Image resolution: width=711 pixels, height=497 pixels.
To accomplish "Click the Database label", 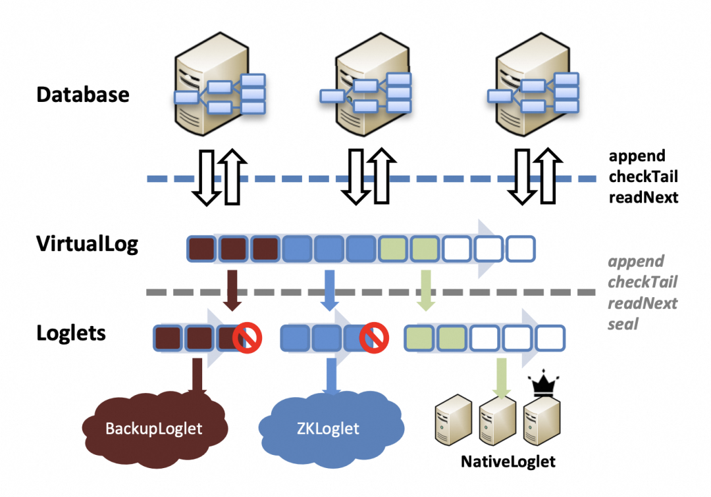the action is [83, 95].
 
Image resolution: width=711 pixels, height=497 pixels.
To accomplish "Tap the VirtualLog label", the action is [87, 244].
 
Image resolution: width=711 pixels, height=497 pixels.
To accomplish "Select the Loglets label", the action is [70, 333].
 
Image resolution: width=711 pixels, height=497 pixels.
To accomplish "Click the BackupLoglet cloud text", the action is [153, 428].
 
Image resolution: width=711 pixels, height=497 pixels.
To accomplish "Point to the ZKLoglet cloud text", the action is [328, 428].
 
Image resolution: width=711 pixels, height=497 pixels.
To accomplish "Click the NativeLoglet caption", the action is [508, 461].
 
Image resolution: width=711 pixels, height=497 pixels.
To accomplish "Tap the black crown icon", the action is [542, 385].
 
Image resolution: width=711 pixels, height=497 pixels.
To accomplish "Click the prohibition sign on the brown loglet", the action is [247, 338].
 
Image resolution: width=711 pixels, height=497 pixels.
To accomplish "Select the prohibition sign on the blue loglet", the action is [374, 338].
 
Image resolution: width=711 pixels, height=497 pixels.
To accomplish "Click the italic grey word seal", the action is [623, 323].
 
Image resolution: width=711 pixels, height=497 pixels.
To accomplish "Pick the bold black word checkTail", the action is [643, 176].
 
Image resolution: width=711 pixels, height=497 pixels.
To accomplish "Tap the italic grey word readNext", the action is [643, 303].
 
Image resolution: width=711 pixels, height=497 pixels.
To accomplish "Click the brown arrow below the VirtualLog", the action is [232, 291].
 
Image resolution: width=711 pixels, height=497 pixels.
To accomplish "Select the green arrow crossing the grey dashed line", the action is [426, 291].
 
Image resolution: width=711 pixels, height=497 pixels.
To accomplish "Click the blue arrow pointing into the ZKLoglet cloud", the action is [332, 377].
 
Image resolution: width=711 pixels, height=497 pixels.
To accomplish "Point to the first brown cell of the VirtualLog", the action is [201, 249].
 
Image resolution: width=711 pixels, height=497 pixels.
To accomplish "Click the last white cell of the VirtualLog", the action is [521, 249].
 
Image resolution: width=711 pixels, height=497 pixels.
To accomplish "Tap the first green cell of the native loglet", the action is [419, 338].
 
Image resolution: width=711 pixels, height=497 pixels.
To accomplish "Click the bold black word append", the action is [637, 156].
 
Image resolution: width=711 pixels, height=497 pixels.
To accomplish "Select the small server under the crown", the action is [541, 421].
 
